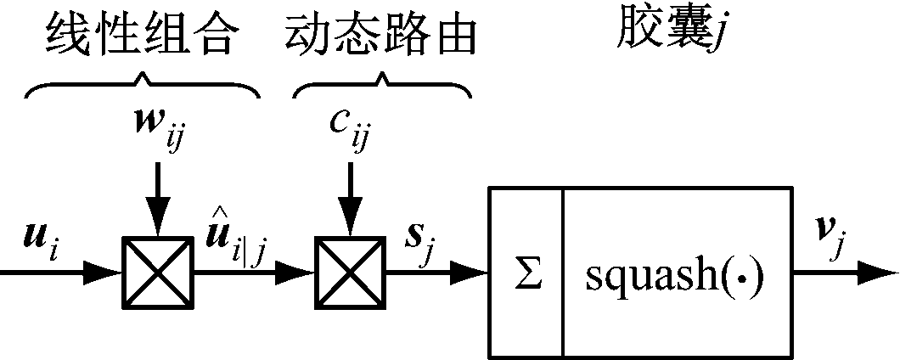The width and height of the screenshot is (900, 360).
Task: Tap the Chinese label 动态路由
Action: tap(380, 35)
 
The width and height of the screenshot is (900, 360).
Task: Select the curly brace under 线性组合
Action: tap(142, 86)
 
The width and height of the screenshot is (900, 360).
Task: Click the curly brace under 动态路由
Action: tap(381, 86)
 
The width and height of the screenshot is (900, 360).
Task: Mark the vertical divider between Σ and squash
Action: tap(562, 273)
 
